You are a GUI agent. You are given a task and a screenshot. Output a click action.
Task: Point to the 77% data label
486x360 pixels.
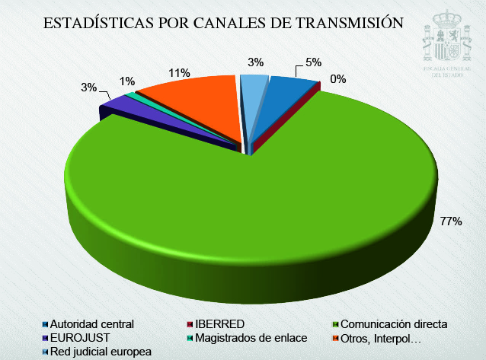coord(451,221)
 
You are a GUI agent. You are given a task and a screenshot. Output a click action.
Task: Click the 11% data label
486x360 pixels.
coord(180,72)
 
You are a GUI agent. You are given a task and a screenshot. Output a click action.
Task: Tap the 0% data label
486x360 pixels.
coord(338,78)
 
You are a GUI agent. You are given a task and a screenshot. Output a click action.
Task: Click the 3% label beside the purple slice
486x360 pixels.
coord(89,88)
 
